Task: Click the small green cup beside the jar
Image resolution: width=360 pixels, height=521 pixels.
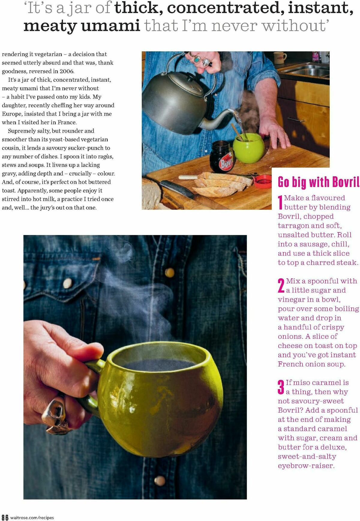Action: (249, 148)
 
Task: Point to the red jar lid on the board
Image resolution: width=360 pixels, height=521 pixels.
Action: (263, 181)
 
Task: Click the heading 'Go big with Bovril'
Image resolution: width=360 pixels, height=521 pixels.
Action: (318, 182)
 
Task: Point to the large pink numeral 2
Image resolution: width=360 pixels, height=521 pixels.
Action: (281, 285)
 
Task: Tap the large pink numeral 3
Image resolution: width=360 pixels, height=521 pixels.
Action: (281, 387)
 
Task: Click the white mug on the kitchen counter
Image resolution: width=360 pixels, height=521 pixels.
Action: (280, 57)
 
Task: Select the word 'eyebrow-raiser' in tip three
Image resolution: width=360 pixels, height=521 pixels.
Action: (306, 466)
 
